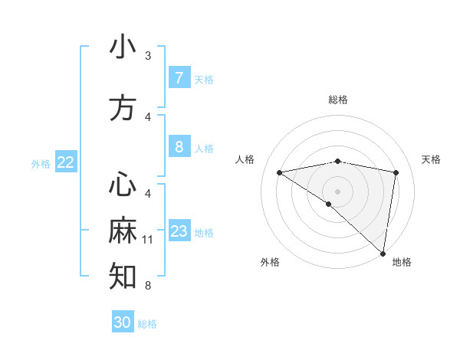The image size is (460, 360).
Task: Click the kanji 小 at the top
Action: (x=123, y=47)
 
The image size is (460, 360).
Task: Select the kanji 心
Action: (x=123, y=185)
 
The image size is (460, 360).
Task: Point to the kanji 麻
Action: (x=123, y=231)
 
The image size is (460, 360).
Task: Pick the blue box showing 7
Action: (x=179, y=77)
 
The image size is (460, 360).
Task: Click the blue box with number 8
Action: (x=179, y=146)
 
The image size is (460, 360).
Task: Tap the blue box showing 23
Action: (x=179, y=231)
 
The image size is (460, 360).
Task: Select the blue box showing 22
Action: (x=66, y=162)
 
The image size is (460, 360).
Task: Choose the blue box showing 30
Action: (x=123, y=322)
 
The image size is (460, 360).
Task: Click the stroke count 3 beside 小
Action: (x=148, y=56)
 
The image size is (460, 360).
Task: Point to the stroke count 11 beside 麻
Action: (x=148, y=240)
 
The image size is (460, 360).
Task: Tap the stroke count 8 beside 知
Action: (x=148, y=286)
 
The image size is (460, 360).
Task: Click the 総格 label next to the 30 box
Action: (x=148, y=324)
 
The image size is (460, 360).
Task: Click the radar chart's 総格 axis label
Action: (x=338, y=100)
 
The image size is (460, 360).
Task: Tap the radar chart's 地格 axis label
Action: (x=402, y=262)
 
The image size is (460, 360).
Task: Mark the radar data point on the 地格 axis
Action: (x=383, y=253)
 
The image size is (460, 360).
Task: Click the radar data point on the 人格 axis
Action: (x=280, y=172)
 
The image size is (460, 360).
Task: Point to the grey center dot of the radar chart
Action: (x=337, y=190)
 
